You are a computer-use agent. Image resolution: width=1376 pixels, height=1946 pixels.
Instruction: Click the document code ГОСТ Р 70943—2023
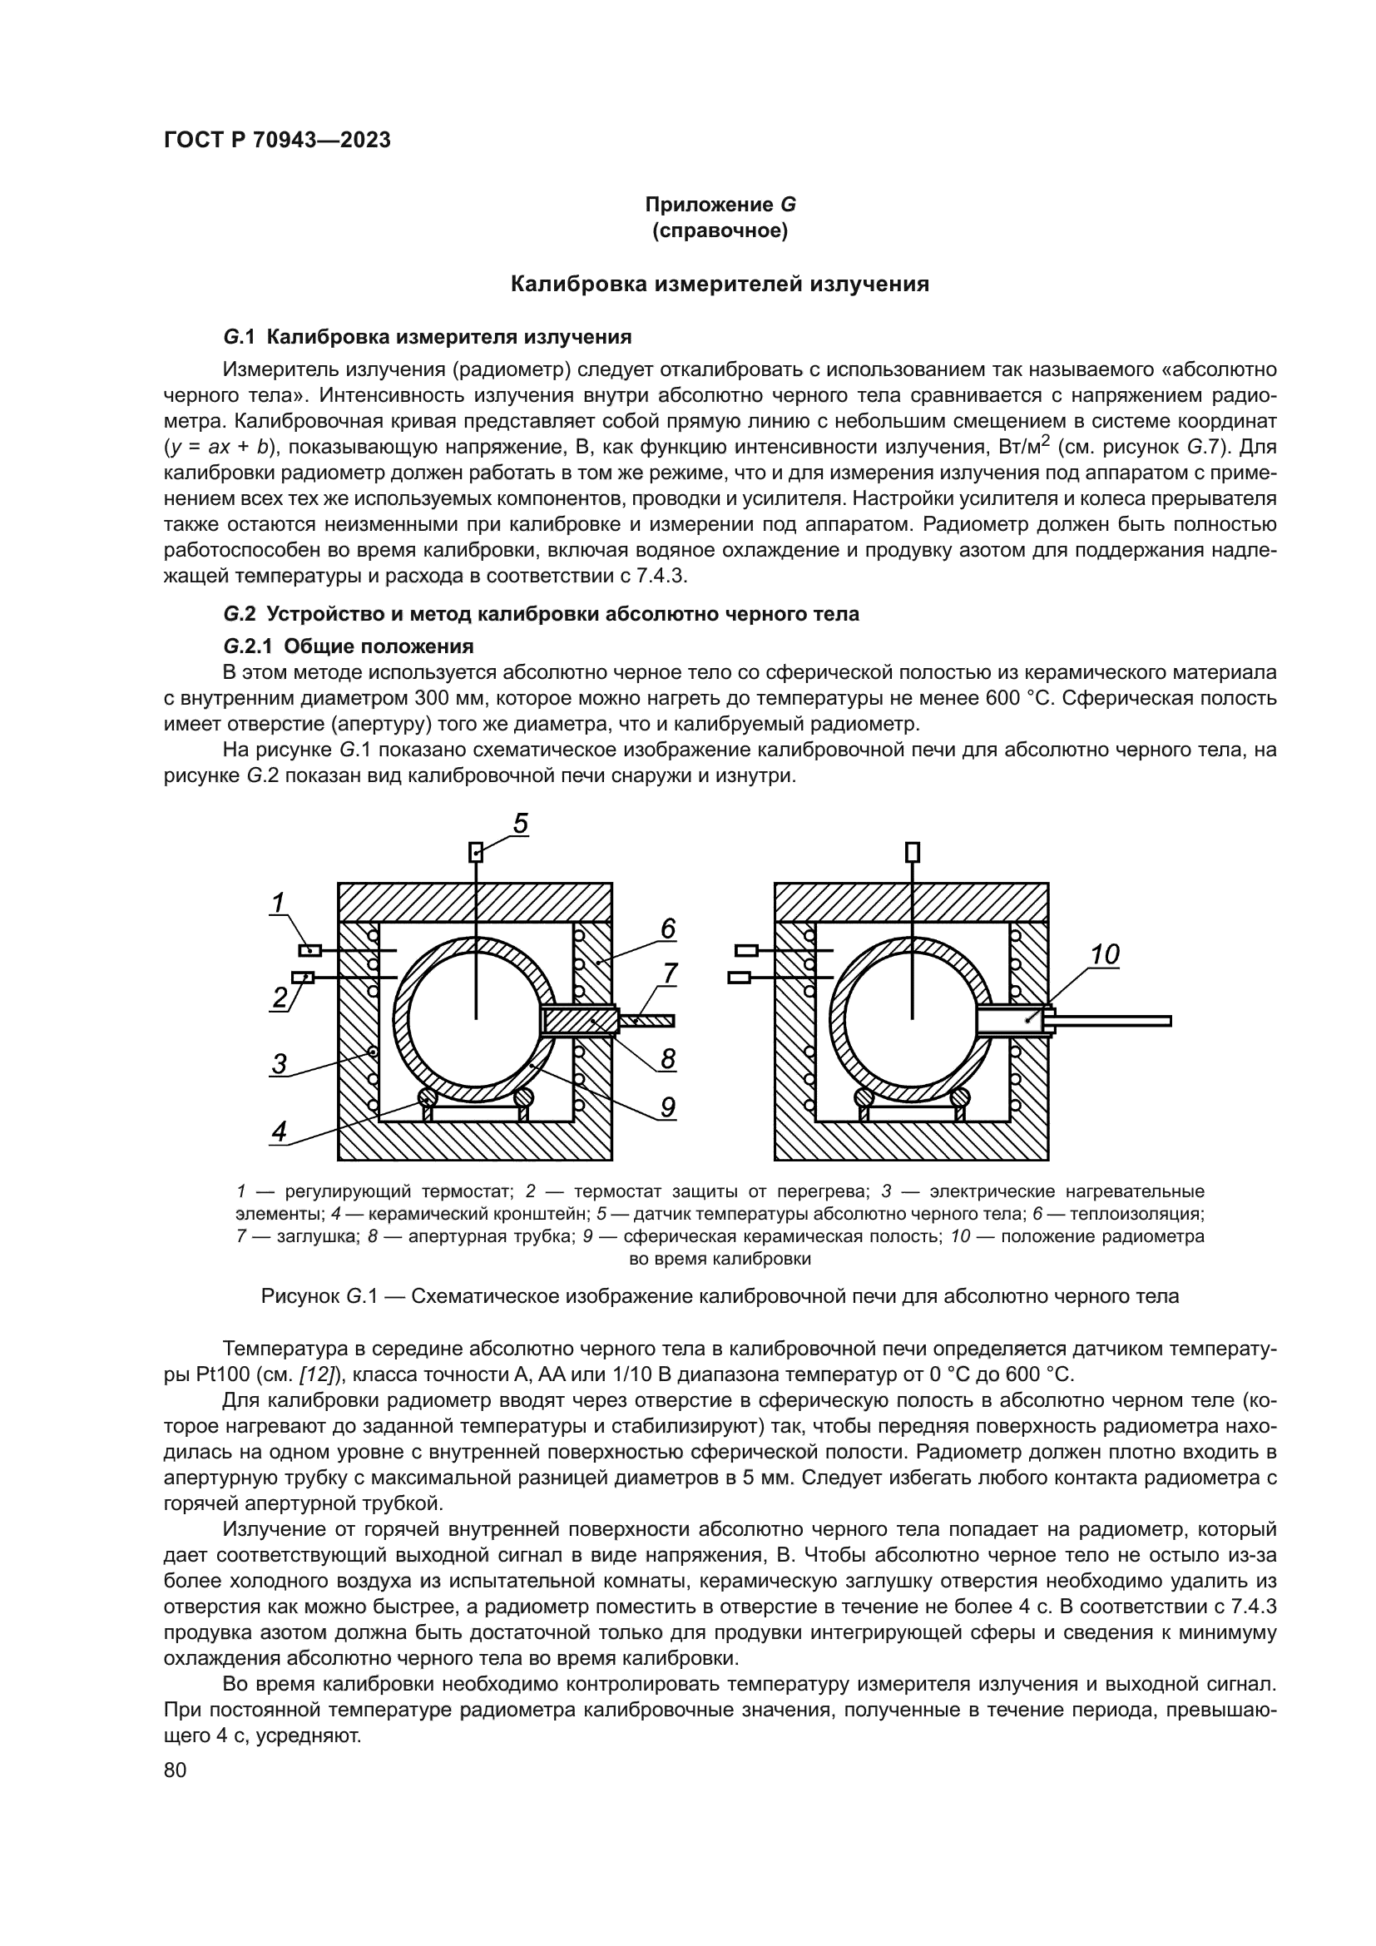(277, 141)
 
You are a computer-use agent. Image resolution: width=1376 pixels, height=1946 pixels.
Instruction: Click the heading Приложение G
(720, 205)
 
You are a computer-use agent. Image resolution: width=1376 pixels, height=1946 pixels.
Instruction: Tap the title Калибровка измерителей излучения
(720, 285)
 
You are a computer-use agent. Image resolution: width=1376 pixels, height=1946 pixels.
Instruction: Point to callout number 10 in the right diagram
(1104, 955)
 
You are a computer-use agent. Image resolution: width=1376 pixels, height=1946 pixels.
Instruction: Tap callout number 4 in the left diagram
(280, 1131)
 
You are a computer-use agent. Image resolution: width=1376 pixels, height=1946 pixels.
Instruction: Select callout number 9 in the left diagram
(668, 1106)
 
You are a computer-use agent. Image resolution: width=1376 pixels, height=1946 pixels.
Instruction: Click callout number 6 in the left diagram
(668, 930)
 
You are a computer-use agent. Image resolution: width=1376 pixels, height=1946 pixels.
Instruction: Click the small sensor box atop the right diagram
(913, 852)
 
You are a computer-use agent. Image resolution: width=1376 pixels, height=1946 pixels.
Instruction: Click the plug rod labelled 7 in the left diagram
(648, 1021)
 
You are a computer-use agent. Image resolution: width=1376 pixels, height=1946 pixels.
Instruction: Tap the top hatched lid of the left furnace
(474, 901)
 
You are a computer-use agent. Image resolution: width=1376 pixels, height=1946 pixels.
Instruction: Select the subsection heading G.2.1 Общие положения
(349, 646)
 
